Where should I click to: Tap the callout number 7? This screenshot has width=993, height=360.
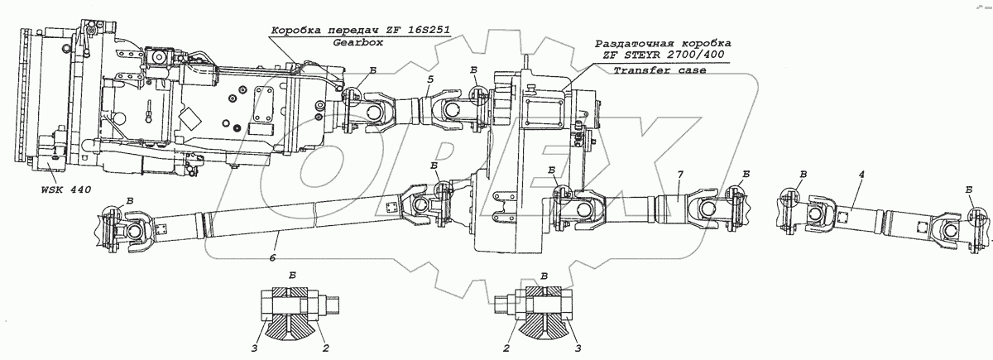[679, 177]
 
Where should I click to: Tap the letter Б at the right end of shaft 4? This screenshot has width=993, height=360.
[969, 191]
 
